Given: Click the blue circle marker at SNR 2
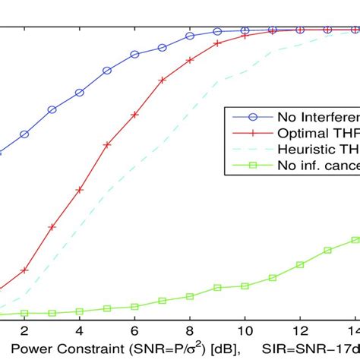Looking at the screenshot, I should (24, 134).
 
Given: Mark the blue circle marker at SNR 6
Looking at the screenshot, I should (134, 55).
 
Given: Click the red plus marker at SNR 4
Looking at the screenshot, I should (79, 189).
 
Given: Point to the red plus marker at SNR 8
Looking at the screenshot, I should (190, 60).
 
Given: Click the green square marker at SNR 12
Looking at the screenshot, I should (300, 264).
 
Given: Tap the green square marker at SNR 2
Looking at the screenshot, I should (24, 312).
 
